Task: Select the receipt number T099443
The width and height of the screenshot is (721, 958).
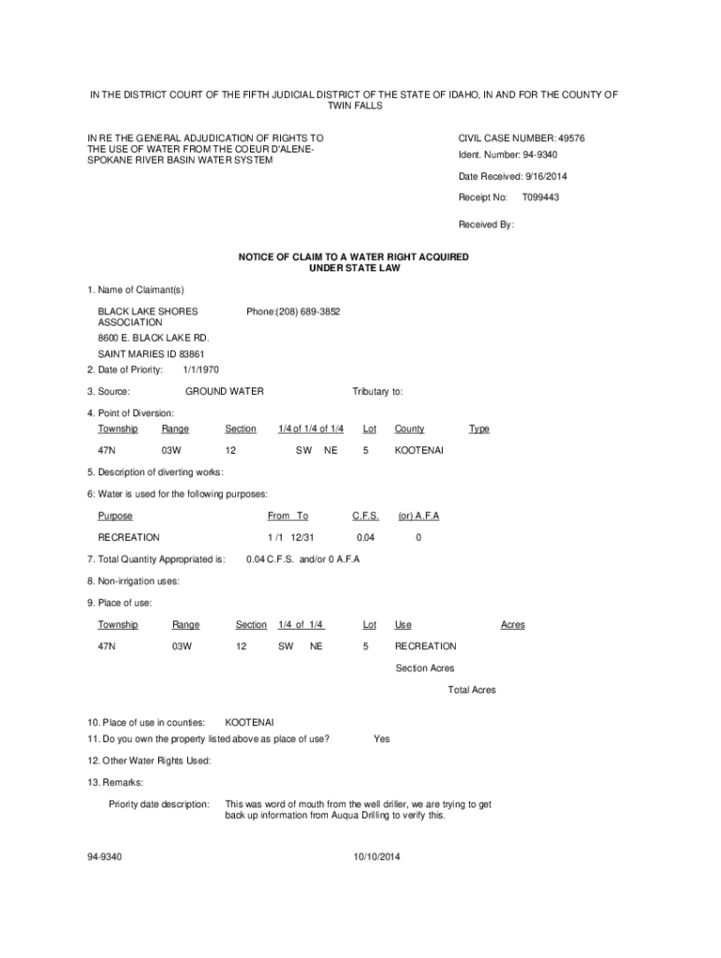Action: click(x=541, y=197)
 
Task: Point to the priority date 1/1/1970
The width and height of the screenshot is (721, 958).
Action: click(x=200, y=370)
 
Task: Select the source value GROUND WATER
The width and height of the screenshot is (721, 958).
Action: click(x=225, y=391)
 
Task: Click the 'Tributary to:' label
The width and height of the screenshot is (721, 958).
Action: click(x=377, y=391)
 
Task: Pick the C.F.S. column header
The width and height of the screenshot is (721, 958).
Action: click(x=365, y=515)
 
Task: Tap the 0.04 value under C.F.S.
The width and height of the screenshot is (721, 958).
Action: click(x=365, y=537)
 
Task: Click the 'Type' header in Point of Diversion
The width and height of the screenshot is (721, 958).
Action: click(x=478, y=428)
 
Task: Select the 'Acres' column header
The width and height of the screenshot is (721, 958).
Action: click(x=512, y=624)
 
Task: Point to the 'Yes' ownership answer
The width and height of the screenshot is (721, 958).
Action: click(x=381, y=739)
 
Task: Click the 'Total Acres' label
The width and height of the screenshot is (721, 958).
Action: click(x=472, y=689)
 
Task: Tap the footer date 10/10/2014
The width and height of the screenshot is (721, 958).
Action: click(x=376, y=856)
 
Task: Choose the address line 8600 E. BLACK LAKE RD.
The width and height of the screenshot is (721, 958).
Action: click(x=154, y=338)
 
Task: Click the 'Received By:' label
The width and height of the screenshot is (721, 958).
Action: click(x=486, y=225)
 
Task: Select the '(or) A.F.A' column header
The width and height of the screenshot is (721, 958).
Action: click(x=419, y=515)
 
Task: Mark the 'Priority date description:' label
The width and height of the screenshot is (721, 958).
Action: click(x=158, y=804)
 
